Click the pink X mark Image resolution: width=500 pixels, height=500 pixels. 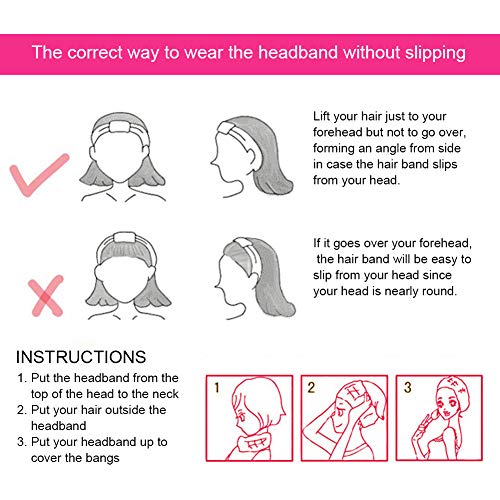click(46, 296)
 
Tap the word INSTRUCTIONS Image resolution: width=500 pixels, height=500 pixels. click(81, 357)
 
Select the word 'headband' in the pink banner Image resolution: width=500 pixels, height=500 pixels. click(298, 52)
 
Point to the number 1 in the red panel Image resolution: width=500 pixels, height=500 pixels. click(217, 387)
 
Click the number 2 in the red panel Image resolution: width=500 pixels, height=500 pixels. click(311, 387)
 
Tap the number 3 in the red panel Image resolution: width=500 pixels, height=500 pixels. click(407, 387)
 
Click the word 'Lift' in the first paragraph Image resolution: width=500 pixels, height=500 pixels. click(321, 116)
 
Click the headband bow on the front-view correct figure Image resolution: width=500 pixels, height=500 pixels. click(121, 127)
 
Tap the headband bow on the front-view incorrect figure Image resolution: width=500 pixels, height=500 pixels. click(124, 238)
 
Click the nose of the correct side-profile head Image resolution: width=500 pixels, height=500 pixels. click(212, 162)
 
